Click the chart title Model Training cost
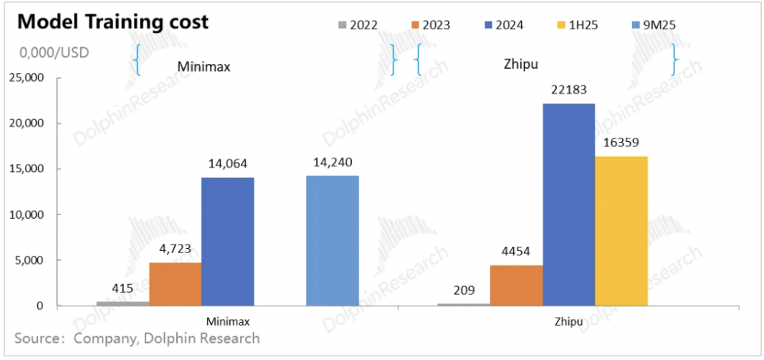coord(113,22)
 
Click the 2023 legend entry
coord(431,25)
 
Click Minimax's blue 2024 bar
coord(228,242)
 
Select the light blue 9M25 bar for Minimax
coord(333,241)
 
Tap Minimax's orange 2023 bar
coord(176,284)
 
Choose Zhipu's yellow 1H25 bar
coord(621,231)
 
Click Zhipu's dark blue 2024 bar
coord(569,204)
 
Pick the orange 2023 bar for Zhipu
coord(517,285)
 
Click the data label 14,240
coord(333,161)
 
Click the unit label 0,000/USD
coord(54,53)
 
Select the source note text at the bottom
coord(136,338)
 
